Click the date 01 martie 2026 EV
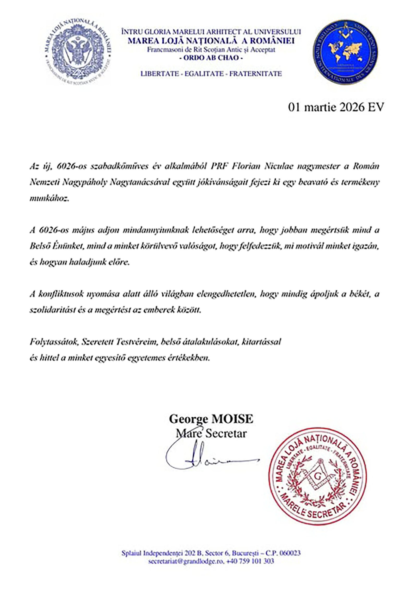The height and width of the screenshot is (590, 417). [336, 107]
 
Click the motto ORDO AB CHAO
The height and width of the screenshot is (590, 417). [211, 58]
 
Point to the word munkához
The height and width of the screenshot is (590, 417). [50, 198]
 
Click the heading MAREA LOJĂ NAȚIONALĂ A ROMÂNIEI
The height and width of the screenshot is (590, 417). [211, 41]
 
